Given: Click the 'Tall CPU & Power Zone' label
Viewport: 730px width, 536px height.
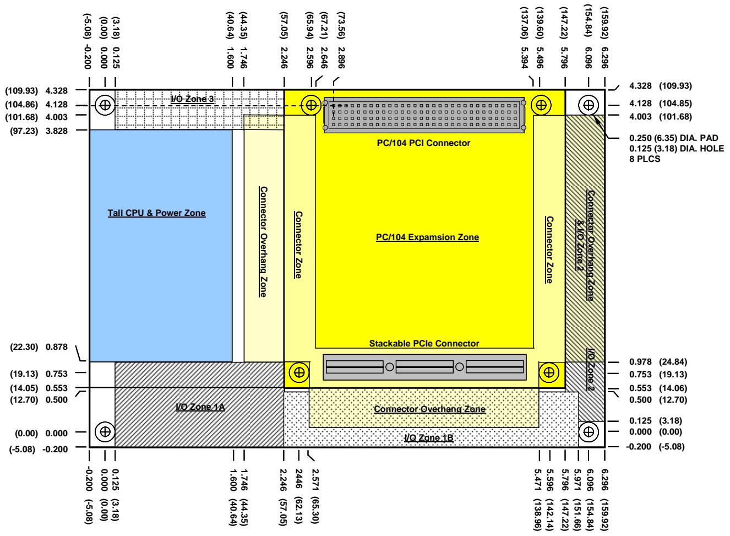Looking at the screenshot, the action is click(156, 213).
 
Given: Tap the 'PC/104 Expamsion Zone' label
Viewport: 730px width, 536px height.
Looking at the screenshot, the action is click(427, 237).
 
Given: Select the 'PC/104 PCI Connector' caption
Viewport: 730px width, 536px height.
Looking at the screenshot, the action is click(423, 143).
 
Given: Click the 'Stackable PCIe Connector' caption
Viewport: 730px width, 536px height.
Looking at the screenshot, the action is click(424, 343).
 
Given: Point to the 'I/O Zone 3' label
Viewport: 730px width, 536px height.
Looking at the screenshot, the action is click(192, 99).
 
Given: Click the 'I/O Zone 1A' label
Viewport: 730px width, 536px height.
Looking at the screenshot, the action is click(200, 407).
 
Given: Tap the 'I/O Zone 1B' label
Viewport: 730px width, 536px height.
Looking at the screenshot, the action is click(428, 437).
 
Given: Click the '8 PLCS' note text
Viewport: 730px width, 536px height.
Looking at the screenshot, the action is click(644, 159).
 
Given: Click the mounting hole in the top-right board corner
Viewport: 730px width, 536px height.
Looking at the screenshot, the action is click(588, 105).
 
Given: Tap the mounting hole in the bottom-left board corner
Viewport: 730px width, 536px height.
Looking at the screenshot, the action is click(105, 432).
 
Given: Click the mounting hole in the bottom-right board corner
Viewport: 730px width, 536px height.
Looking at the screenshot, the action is click(588, 432).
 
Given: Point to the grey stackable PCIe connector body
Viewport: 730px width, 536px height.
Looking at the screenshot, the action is click(424, 367).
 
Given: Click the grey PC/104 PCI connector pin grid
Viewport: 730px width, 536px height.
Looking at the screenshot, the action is click(424, 115).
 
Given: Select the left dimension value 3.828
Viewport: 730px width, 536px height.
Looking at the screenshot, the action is click(56, 131).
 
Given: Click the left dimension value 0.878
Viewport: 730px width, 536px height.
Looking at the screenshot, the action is click(56, 346).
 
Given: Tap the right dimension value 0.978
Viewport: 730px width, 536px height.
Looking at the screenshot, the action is click(640, 362).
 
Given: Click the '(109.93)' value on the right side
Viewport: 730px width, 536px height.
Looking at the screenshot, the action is click(675, 86).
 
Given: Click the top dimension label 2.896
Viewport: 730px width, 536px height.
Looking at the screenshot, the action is click(341, 57).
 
